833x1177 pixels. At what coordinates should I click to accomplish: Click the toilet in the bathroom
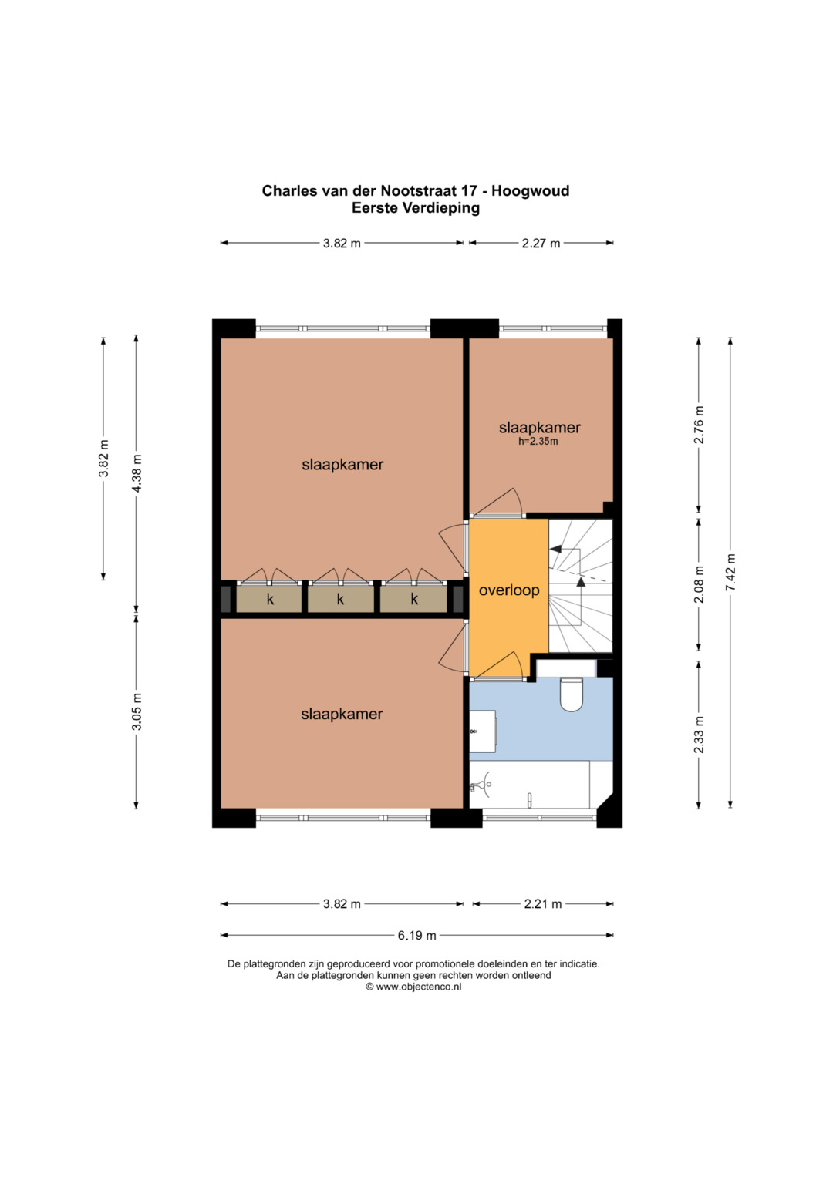coord(572,694)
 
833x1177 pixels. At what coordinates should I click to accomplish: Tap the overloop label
coord(509,590)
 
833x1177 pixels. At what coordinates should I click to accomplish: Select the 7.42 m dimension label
coord(730,573)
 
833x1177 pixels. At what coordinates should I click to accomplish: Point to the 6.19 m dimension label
coord(416,935)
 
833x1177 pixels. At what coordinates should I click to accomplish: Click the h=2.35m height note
coord(538,442)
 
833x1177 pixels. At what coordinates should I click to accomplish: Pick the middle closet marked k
coord(340,599)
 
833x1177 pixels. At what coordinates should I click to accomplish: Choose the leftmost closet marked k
coord(269,599)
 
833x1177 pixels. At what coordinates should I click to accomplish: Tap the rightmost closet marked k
coord(413,599)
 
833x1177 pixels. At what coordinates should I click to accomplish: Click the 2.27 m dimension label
coord(541,244)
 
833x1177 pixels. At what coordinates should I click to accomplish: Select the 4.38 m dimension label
coord(137,473)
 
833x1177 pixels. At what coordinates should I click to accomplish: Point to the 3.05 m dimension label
coord(137,711)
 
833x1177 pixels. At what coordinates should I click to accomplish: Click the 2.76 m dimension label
coord(699,425)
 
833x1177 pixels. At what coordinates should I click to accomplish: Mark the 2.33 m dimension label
coord(699,735)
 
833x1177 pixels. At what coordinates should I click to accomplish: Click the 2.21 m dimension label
coord(543,904)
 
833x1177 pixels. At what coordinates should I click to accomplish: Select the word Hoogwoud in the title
coord(530,190)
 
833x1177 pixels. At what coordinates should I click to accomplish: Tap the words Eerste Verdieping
coord(416,208)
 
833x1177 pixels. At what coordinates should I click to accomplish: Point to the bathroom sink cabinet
coord(482,731)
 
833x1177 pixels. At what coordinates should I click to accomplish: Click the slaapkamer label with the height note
coord(540,428)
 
